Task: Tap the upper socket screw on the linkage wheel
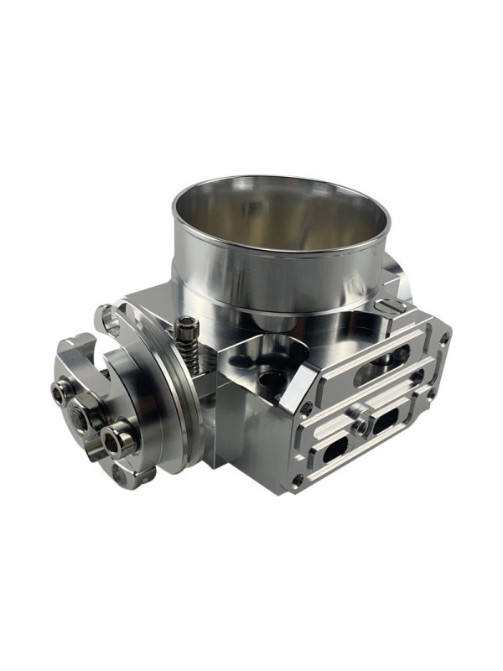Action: (x=63, y=390)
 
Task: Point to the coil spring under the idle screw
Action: (x=191, y=352)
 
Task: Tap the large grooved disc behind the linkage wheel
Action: (x=168, y=403)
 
